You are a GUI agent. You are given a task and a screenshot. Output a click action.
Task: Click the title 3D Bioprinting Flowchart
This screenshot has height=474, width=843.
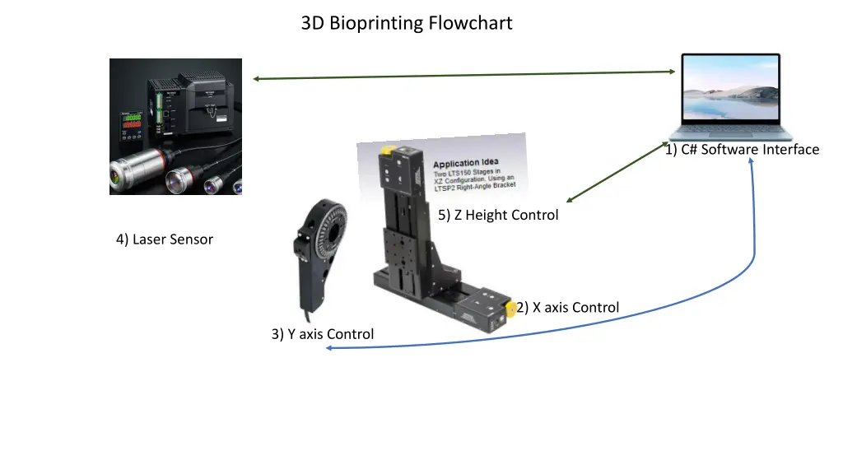[x=407, y=23]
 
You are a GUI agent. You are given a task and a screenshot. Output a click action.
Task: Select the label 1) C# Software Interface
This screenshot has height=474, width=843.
[x=743, y=149]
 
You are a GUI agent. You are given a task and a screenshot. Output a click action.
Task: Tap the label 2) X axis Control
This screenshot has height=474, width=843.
[x=568, y=308]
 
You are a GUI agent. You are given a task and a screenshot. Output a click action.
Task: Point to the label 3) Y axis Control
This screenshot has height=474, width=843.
[x=323, y=334]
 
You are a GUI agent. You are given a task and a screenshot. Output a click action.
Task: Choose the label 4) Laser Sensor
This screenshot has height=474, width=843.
[x=165, y=239]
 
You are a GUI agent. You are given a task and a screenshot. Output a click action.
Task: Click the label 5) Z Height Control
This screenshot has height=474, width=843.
[x=498, y=215]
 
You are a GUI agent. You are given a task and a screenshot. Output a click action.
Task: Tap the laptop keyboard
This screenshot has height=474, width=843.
[x=731, y=132]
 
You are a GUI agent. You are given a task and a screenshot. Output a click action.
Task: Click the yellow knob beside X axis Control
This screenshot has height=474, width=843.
[x=510, y=309]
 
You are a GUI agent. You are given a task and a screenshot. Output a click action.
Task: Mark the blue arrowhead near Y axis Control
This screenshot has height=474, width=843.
[x=328, y=348]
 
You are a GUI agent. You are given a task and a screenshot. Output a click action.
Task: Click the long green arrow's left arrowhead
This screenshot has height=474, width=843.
[x=256, y=79]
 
